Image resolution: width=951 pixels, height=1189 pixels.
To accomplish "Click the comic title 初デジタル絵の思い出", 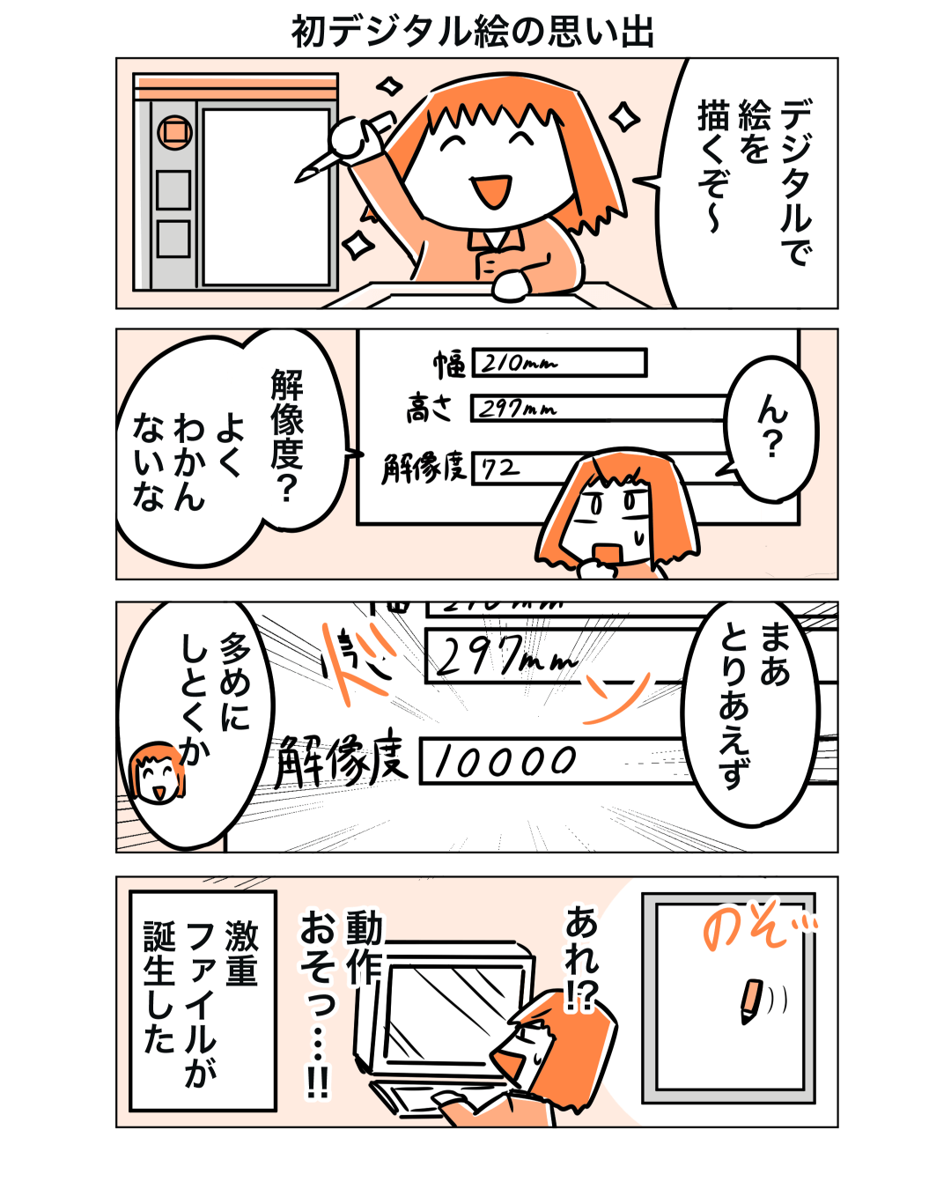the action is (x=473, y=32).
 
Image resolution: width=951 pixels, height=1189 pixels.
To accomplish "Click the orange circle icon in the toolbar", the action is (x=174, y=133).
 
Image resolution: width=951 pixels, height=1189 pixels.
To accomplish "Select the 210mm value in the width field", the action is (x=519, y=363).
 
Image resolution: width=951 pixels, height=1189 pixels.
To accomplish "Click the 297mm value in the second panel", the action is (x=517, y=409).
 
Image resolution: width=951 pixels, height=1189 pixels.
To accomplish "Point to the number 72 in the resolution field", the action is (x=499, y=469).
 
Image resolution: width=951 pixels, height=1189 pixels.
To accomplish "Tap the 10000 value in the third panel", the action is (x=505, y=761).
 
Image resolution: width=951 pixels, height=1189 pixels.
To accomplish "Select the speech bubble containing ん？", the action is (x=771, y=429).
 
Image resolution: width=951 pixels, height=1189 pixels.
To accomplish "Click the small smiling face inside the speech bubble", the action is (x=157, y=773).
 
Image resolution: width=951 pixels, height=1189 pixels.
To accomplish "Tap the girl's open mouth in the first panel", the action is (x=490, y=190).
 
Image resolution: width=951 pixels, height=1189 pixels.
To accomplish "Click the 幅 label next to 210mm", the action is (x=449, y=364).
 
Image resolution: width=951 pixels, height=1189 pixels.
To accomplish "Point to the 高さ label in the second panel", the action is (x=429, y=409).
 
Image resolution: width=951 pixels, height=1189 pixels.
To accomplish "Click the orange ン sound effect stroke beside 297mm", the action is (x=617, y=698).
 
